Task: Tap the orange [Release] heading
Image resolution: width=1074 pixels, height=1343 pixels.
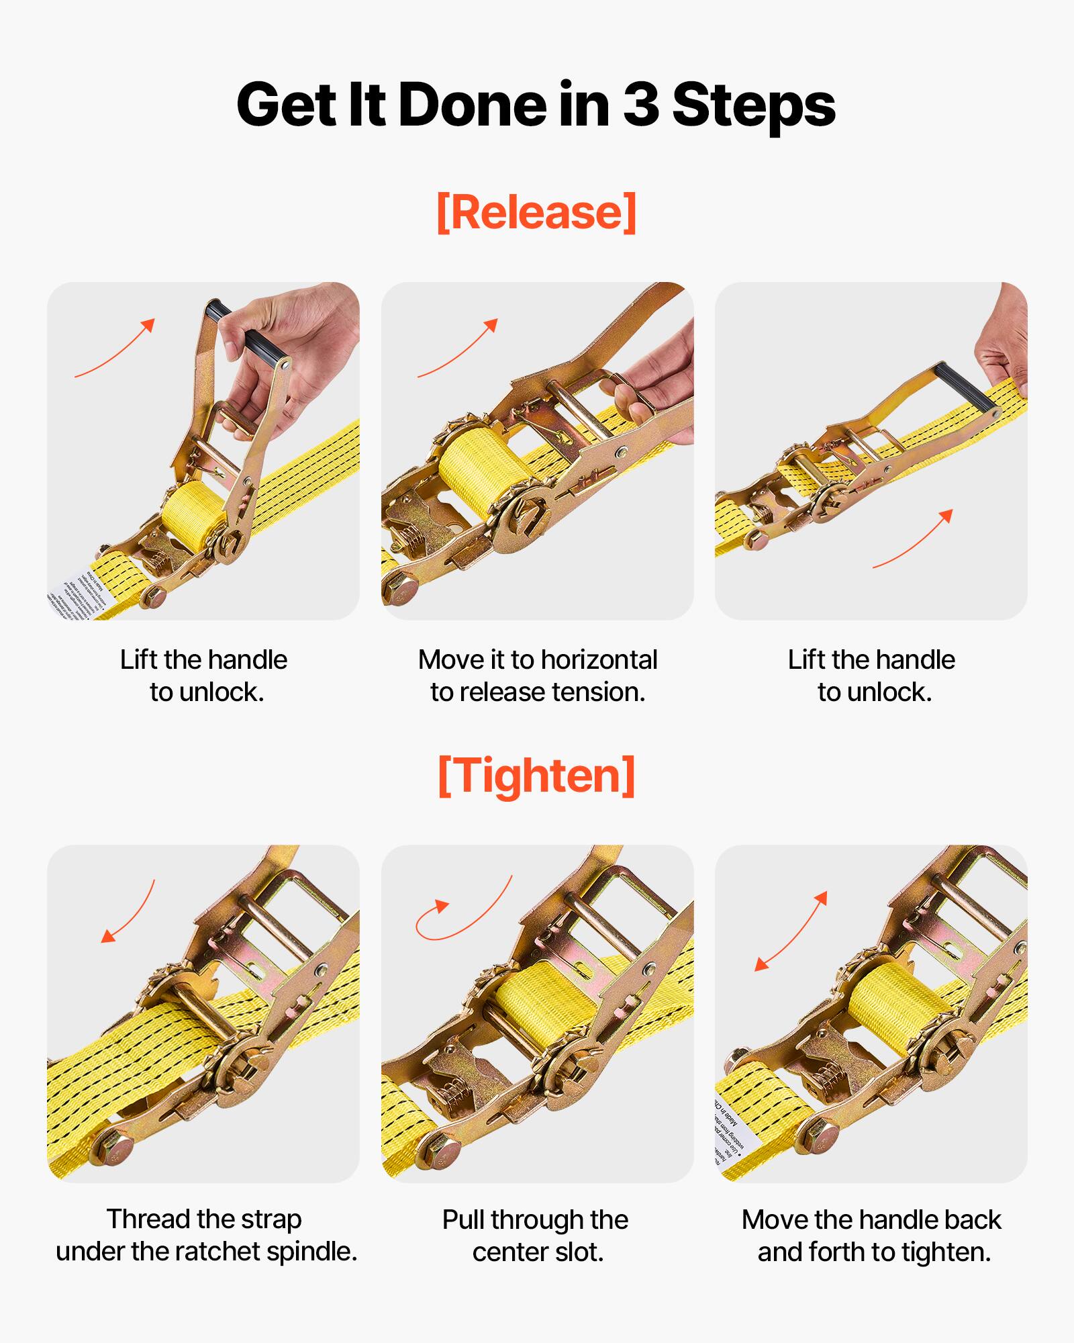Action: tap(536, 212)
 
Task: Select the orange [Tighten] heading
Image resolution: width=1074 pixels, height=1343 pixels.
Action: tap(536, 776)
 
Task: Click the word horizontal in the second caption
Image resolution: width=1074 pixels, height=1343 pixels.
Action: tap(599, 660)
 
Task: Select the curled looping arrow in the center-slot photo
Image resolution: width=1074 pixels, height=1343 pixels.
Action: tap(463, 910)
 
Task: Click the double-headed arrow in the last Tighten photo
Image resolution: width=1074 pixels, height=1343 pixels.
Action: tap(791, 931)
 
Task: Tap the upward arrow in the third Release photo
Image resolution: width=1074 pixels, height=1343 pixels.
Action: tap(913, 539)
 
